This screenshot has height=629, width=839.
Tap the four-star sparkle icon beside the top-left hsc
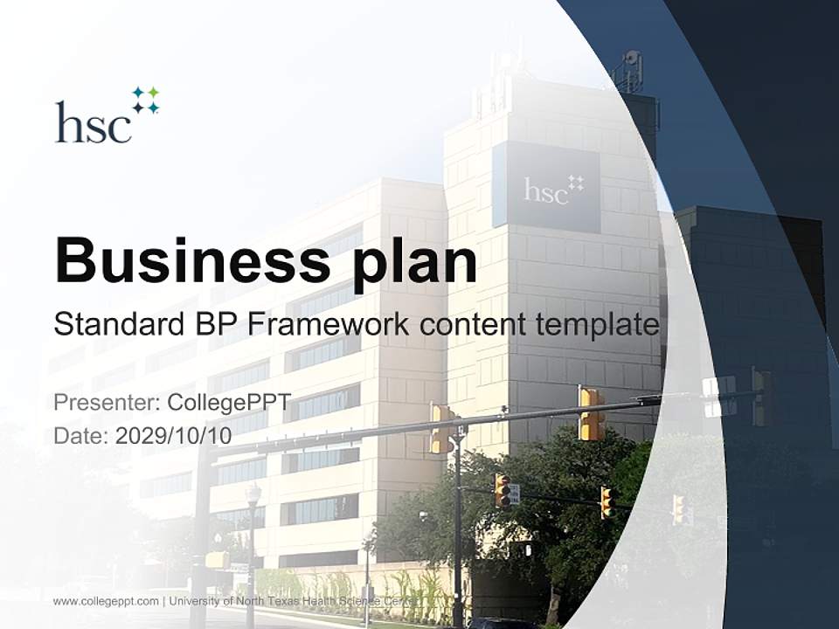[x=146, y=100]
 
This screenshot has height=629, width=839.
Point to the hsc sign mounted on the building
[x=546, y=188]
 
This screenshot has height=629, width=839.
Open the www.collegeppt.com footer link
[x=106, y=601]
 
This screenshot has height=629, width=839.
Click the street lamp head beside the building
[x=253, y=494]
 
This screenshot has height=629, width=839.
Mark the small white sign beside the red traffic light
[x=515, y=494]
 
